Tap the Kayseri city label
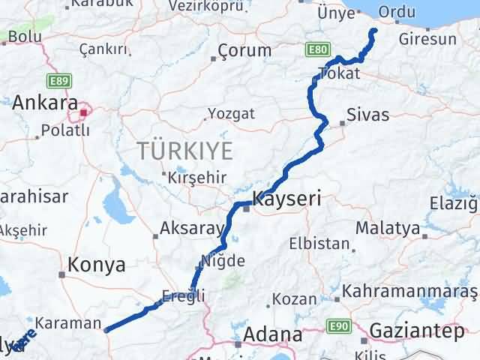(287, 199)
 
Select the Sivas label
(367, 115)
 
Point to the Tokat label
(339, 73)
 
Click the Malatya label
(388, 226)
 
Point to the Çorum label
(244, 51)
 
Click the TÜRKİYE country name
(184, 151)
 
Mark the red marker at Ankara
(84, 113)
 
